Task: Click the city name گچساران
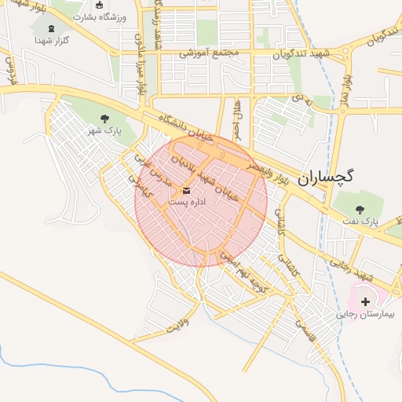tap(326, 177)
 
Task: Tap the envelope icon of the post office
tap(187, 190)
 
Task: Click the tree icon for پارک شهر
tap(105, 119)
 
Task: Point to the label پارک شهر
tap(105, 131)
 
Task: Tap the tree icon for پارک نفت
tap(360, 210)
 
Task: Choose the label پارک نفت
tap(360, 222)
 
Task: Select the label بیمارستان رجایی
tap(366, 314)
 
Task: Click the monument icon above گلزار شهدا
tap(41, 38)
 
